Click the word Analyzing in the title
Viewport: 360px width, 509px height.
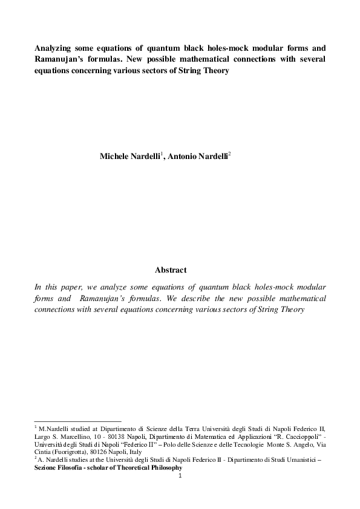click(x=54, y=47)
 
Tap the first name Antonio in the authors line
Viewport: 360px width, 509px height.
click(x=185, y=155)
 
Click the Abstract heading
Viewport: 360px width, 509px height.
click(x=171, y=270)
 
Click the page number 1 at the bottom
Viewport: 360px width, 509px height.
click(x=180, y=476)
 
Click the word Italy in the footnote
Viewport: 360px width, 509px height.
click(x=151, y=452)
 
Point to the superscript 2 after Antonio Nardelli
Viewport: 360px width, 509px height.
click(x=229, y=153)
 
